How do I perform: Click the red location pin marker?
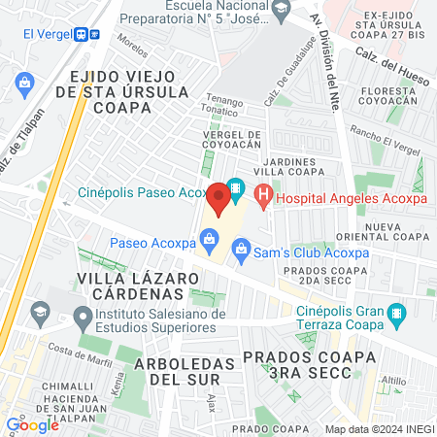(219, 198)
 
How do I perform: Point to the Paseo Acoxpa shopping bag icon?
(208, 239)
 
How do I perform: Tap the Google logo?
(32, 424)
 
